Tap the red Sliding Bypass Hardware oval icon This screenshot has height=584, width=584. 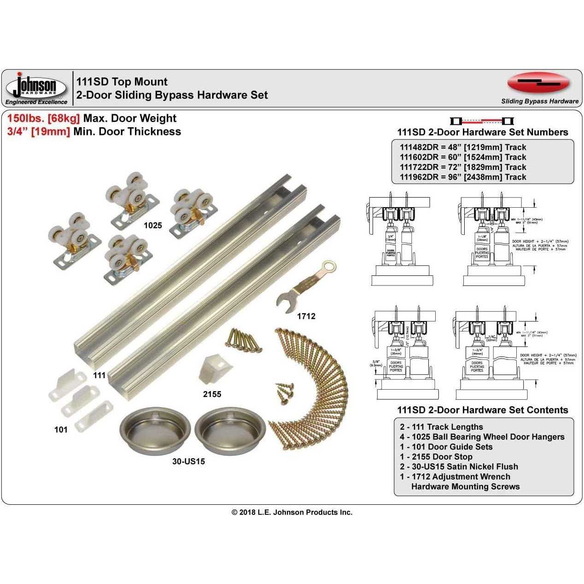tap(538, 83)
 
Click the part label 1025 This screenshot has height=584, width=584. tap(153, 225)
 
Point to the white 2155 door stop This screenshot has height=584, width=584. tap(215, 369)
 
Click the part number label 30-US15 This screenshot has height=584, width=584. tap(188, 461)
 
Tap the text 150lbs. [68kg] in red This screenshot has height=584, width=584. tap(44, 118)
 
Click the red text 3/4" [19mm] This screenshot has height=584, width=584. tap(39, 132)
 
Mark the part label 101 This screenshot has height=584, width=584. tap(61, 430)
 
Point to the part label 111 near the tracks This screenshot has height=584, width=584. tap(99, 375)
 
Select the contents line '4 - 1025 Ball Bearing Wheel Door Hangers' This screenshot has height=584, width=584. tap(482, 437)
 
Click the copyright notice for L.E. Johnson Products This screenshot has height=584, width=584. tap(292, 512)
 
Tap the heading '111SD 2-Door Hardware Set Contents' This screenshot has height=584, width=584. tap(482, 410)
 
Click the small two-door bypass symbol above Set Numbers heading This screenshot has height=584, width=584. tap(482, 121)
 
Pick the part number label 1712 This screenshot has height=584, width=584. tap(306, 316)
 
